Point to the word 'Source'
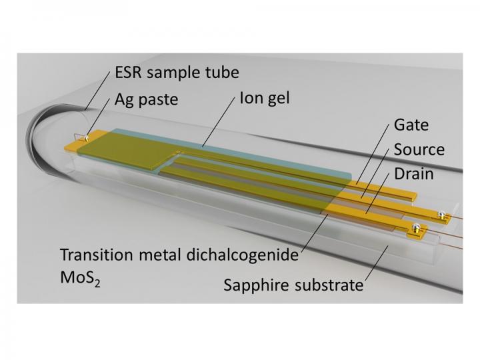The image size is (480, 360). click(419, 149)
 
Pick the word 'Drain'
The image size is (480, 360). click(413, 173)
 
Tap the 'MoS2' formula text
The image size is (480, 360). click(80, 277)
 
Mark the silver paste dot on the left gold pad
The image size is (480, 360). click(82, 137)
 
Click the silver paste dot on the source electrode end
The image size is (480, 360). click(440, 214)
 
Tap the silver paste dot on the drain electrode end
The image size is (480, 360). click(415, 230)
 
